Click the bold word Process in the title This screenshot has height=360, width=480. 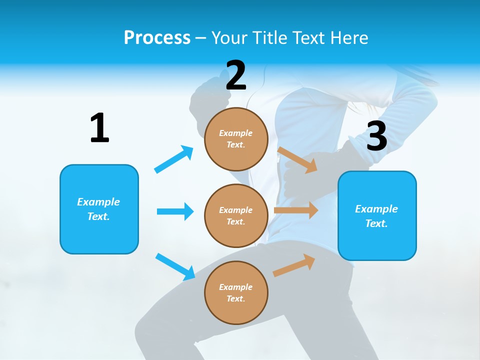(157, 37)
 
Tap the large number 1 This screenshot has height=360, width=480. (99, 128)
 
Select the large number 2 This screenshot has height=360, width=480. (236, 75)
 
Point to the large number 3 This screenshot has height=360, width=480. (376, 136)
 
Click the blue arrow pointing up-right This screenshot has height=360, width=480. (174, 159)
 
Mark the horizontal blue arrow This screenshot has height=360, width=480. (175, 211)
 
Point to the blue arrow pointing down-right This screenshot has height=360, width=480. (175, 266)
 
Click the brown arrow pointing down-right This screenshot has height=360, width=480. (297, 159)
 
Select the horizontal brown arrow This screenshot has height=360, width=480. (295, 210)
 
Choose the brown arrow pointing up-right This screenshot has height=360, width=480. (294, 265)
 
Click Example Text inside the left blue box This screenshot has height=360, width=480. (98, 209)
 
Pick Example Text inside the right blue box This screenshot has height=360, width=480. (376, 216)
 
